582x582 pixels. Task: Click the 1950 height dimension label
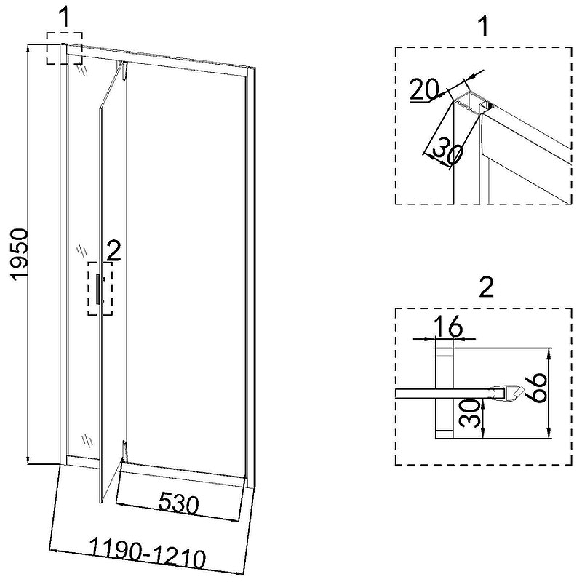(20, 254)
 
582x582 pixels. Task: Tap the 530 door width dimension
(178, 503)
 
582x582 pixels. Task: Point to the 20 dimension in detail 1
(424, 89)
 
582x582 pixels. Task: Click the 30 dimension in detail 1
(448, 151)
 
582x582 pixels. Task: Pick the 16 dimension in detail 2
(448, 327)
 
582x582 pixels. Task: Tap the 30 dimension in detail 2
(469, 412)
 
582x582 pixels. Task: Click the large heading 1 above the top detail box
(483, 27)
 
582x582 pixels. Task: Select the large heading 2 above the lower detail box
(486, 287)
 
